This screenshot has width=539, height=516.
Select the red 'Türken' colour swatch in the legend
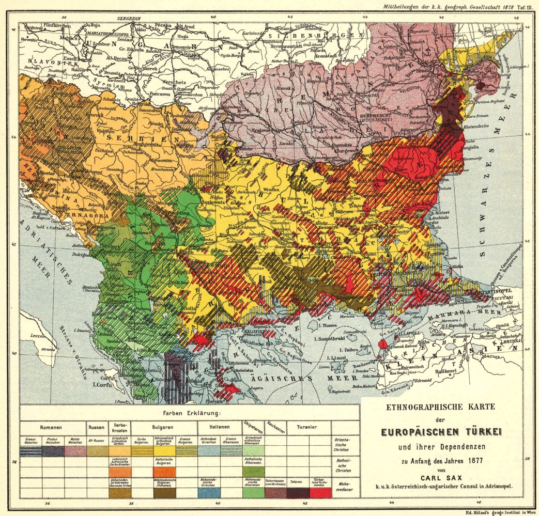pyautogui.click(x=320, y=493)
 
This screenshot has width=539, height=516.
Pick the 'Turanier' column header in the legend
pyautogui.click(x=306, y=428)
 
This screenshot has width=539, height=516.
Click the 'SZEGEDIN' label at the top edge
pyautogui.click(x=130, y=18)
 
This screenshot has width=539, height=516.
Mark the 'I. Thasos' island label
pyautogui.click(x=328, y=326)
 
